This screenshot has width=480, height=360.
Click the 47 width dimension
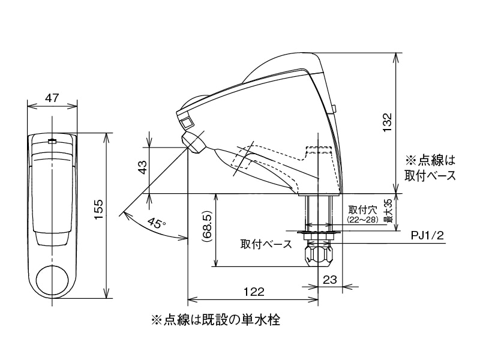[52, 98]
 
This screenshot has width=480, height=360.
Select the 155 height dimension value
[100, 215]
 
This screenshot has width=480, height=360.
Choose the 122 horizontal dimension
[254, 292]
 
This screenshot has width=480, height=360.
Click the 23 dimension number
[330, 279]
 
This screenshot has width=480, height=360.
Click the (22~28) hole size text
[362, 220]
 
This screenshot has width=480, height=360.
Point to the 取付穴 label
[362, 210]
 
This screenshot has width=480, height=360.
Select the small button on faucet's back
[334, 109]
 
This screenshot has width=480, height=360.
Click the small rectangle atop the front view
[52, 142]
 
